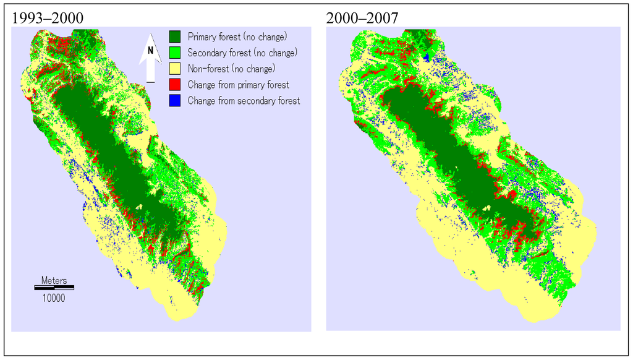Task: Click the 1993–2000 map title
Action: click(48, 19)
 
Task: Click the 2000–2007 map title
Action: click(362, 19)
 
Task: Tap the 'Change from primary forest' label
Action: click(239, 84)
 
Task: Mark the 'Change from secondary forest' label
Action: click(244, 100)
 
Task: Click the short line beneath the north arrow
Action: click(150, 82)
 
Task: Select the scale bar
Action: click(54, 287)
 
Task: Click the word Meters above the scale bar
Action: click(54, 280)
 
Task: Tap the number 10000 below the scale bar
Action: click(54, 298)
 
